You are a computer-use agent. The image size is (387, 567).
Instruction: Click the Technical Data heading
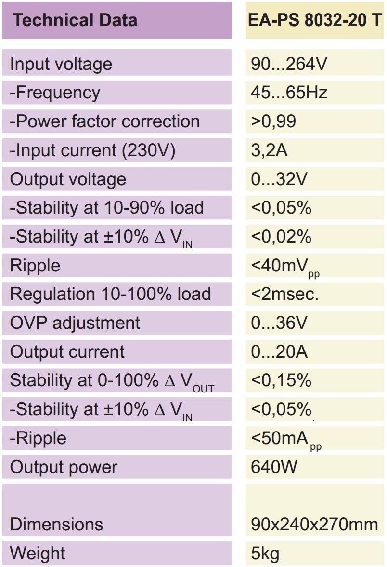75,20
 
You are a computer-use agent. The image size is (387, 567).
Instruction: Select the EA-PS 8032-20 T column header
315,20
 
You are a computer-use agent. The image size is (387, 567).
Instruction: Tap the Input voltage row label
61,64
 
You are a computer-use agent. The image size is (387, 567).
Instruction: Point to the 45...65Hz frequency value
289,93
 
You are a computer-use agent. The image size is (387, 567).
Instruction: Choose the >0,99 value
273,121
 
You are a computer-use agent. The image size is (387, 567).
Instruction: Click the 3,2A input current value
269,150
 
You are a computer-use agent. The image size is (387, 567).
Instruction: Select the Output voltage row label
68,179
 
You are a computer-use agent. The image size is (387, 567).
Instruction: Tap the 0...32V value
279,179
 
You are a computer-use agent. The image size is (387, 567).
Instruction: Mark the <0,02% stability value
281,237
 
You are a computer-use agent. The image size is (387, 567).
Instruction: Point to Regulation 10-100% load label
110,294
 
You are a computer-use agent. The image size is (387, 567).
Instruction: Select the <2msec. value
284,294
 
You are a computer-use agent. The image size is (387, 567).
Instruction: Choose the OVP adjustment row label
75,323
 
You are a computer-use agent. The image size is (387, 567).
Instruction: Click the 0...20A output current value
279,352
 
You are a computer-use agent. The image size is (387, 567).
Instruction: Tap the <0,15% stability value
281,380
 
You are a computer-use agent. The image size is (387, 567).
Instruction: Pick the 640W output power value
274,467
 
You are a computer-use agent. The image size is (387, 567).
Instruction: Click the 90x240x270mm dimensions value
314,525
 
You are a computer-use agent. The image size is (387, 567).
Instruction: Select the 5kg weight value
265,553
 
